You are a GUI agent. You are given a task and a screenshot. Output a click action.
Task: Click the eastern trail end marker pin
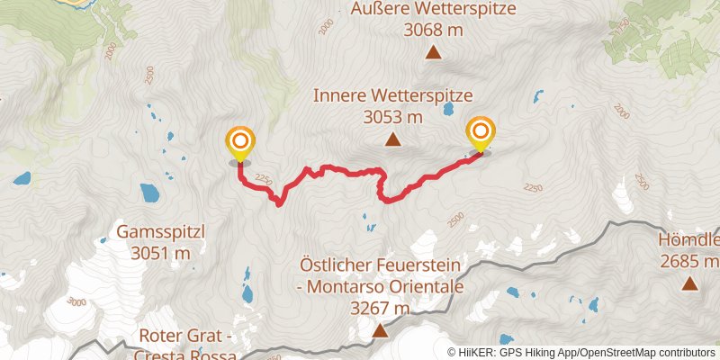(x=480, y=135)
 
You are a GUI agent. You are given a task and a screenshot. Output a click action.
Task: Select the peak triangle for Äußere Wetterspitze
(x=434, y=53)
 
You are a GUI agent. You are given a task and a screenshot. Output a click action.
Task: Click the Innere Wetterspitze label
(x=392, y=95)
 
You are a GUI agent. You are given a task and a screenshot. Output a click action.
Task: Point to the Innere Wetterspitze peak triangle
(x=392, y=139)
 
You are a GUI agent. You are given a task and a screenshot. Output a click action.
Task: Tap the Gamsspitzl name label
(x=161, y=232)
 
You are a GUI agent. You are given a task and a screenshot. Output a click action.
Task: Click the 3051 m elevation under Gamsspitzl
(x=161, y=254)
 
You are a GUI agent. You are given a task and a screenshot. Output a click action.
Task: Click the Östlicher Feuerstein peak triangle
(x=380, y=331)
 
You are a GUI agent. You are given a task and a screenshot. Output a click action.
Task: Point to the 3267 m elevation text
(x=380, y=309)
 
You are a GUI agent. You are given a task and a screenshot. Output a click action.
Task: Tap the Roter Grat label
(x=187, y=337)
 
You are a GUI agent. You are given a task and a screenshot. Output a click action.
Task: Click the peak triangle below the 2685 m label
(x=689, y=284)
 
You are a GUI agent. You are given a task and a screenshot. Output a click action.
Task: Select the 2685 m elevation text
(x=689, y=262)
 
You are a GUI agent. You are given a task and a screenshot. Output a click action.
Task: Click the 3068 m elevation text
(x=434, y=31)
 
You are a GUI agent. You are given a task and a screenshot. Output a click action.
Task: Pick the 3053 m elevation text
(x=392, y=117)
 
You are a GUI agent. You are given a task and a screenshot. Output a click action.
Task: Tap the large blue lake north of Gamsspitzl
(x=149, y=192)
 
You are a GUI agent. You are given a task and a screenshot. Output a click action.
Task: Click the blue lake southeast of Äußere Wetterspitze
(x=537, y=94)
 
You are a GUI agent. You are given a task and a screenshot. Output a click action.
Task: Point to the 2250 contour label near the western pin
(x=263, y=180)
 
